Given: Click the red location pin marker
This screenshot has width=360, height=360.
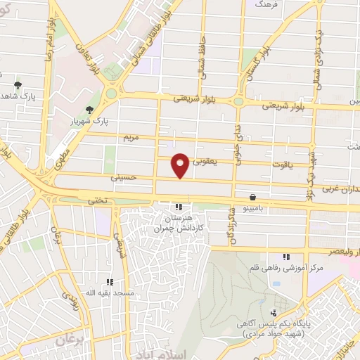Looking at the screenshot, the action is click(x=180, y=164).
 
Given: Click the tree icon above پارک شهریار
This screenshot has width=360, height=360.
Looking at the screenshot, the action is click(x=89, y=110).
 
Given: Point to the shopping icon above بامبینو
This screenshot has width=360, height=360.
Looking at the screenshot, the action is click(x=252, y=198).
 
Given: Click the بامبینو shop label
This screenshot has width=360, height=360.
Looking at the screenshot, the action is click(x=252, y=209).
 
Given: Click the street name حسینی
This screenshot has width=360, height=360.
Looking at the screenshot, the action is click(x=121, y=179).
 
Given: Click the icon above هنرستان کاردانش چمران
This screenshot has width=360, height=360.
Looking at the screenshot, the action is click(x=178, y=207).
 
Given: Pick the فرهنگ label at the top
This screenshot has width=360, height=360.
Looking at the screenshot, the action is click(x=268, y=4).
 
